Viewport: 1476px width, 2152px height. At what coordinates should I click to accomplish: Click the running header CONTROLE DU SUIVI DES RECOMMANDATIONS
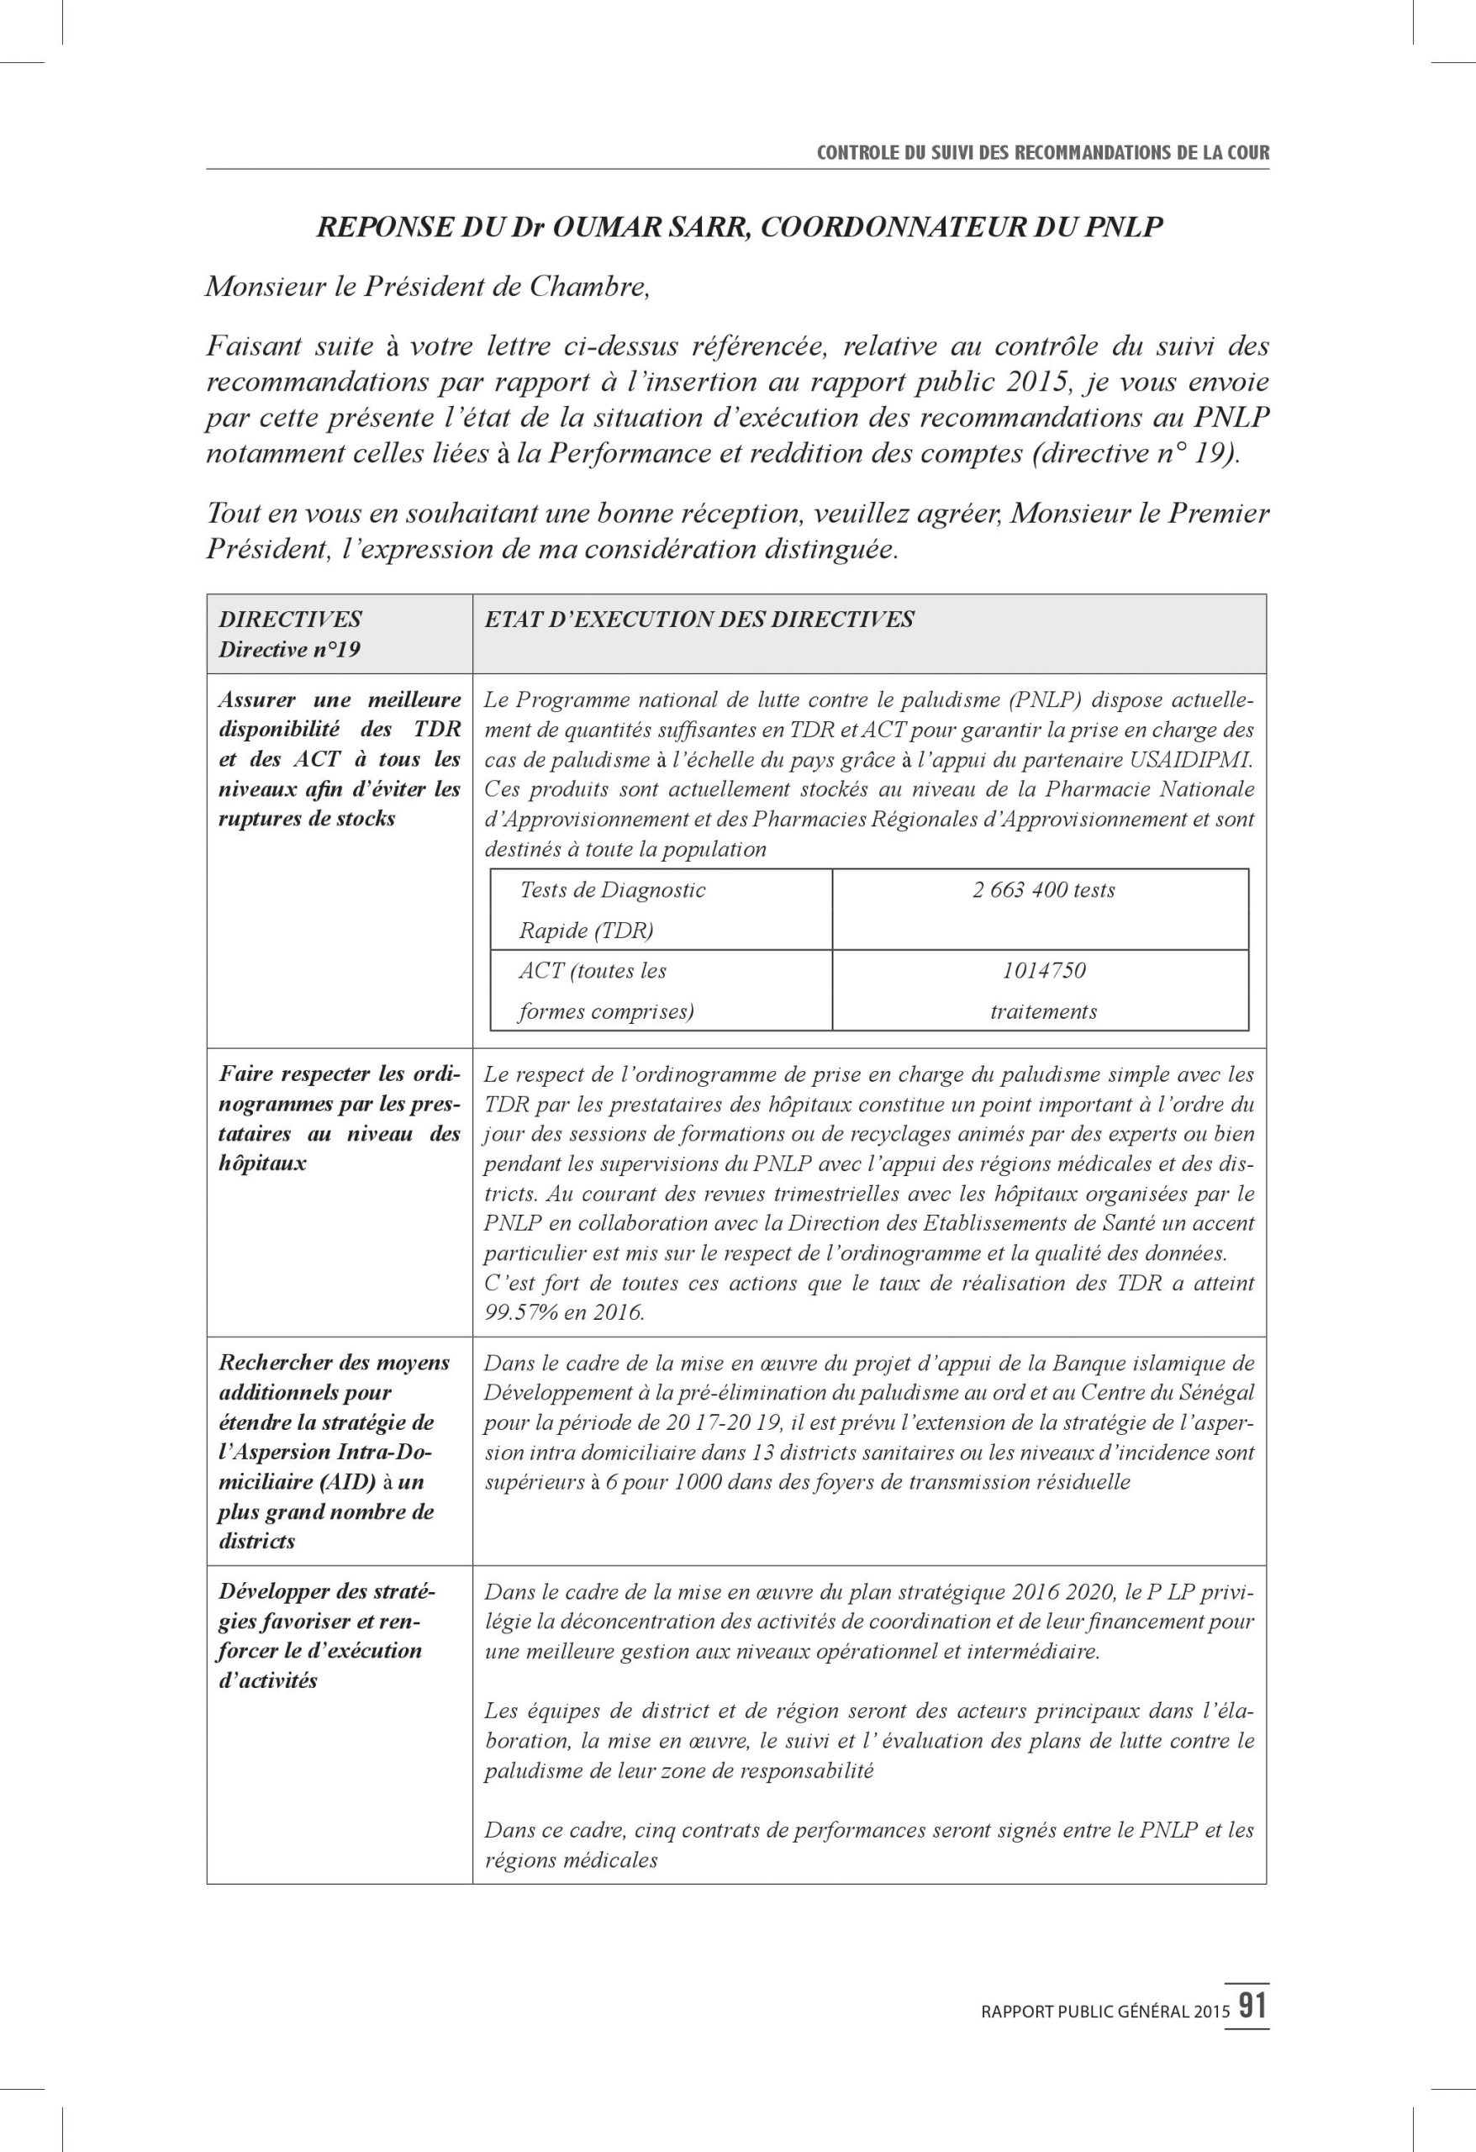pos(1041,154)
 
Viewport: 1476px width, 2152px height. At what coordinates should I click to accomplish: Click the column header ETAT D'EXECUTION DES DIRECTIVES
pos(699,620)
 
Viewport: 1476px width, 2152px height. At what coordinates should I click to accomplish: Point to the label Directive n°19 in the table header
pos(289,650)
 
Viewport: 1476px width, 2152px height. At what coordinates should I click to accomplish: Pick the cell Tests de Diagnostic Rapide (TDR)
pos(612,910)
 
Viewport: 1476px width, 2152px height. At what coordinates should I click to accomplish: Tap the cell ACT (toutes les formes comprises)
pos(607,991)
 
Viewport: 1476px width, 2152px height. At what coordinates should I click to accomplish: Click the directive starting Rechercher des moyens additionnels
pos(334,1452)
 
